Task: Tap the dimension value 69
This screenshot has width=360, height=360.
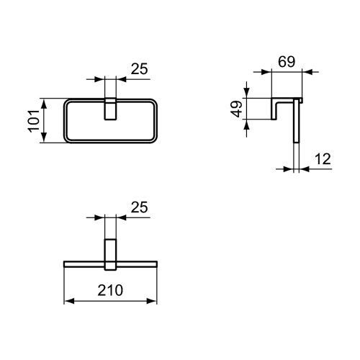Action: [287, 63]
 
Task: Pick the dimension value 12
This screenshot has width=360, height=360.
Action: [322, 158]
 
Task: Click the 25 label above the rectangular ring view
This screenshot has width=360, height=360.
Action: [140, 69]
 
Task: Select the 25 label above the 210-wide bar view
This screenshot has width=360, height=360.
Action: [140, 207]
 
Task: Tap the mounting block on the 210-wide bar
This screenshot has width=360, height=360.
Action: [111, 253]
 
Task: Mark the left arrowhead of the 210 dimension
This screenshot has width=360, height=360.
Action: [69, 301]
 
